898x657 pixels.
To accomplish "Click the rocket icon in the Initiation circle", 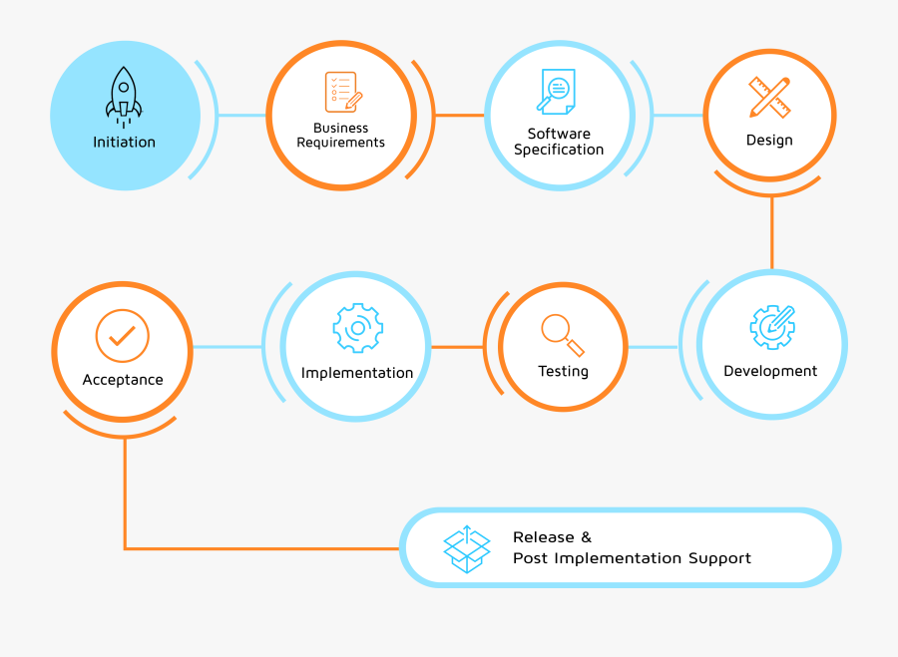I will pyautogui.click(x=124, y=96).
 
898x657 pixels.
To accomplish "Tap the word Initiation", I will pyautogui.click(x=125, y=143).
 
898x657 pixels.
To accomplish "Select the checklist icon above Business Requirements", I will pyautogui.click(x=341, y=92).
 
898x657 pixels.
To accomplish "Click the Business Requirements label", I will pyautogui.click(x=340, y=136).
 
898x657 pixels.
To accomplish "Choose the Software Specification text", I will pyautogui.click(x=559, y=142).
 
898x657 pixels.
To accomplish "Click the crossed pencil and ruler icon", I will pyautogui.click(x=769, y=98).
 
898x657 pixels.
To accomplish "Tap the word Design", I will pyautogui.click(x=769, y=141).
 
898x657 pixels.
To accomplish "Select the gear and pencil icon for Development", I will pyautogui.click(x=771, y=325).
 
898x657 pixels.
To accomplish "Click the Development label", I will pyautogui.click(x=770, y=372).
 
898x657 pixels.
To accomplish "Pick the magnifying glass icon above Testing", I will pyautogui.click(x=562, y=334).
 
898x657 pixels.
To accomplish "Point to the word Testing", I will pyautogui.click(x=563, y=372).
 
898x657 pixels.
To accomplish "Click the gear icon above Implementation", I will pyautogui.click(x=357, y=328).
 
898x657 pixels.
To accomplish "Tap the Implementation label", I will pyautogui.click(x=357, y=374).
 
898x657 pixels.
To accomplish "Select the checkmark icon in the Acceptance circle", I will pyautogui.click(x=123, y=336).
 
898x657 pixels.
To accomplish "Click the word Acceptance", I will pyautogui.click(x=123, y=380).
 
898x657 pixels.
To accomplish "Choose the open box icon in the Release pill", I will pyautogui.click(x=467, y=548).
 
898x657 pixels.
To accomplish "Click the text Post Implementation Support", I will pyautogui.click(x=632, y=558).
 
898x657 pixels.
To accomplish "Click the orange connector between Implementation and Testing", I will pyautogui.click(x=457, y=347).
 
